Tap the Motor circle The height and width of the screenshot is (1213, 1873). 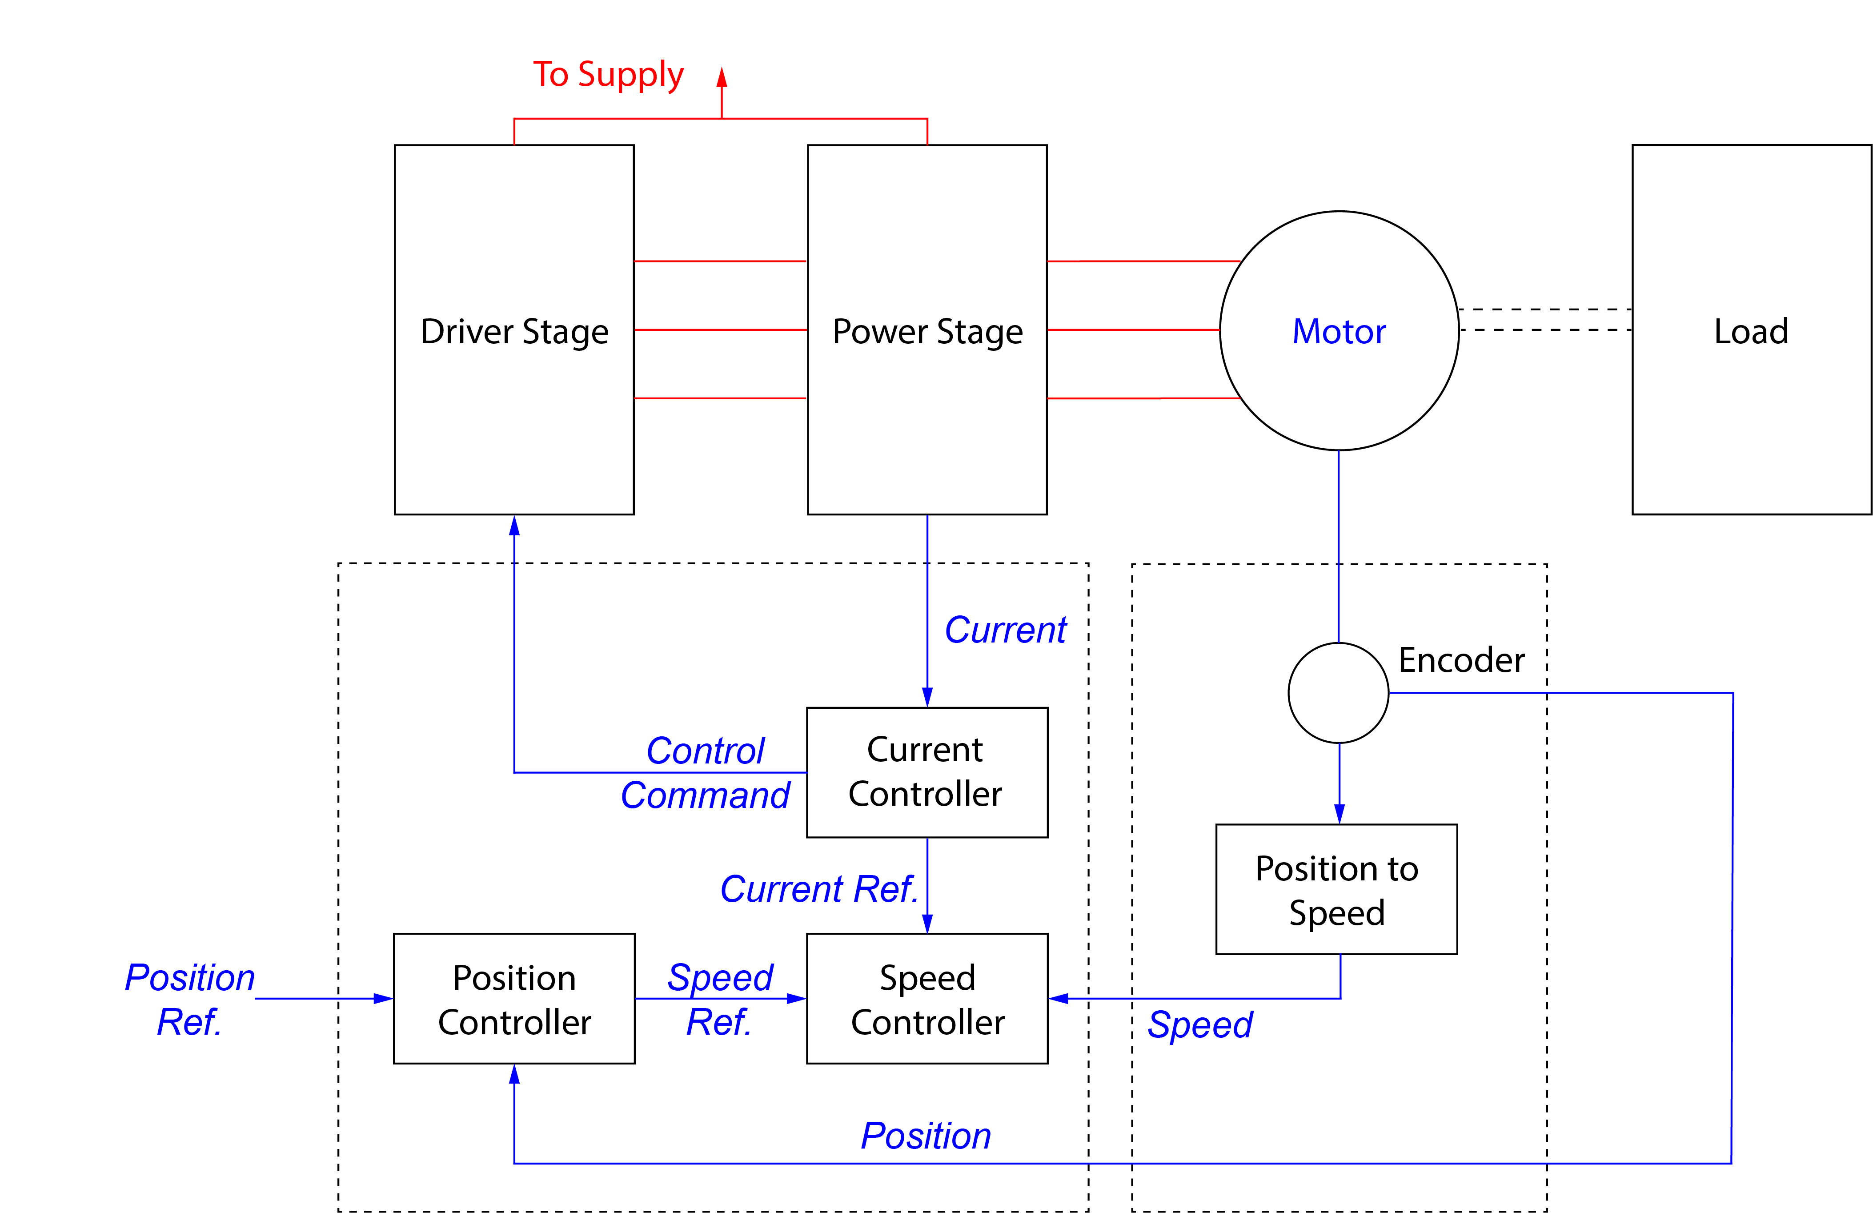tap(1339, 331)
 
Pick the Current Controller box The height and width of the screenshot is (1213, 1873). tap(927, 772)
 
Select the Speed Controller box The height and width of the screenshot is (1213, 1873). tap(927, 999)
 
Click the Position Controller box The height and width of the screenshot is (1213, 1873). tap(514, 999)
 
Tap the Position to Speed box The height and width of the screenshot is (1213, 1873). tap(1336, 889)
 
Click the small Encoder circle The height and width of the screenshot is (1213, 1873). tap(1338, 693)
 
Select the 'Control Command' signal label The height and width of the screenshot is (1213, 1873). tap(705, 772)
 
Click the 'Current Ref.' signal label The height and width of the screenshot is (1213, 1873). tap(818, 889)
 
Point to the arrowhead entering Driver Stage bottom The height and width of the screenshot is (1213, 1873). tap(514, 526)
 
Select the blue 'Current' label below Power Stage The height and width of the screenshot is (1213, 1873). tap(1006, 630)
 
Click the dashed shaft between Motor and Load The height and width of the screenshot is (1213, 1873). tap(1545, 320)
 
